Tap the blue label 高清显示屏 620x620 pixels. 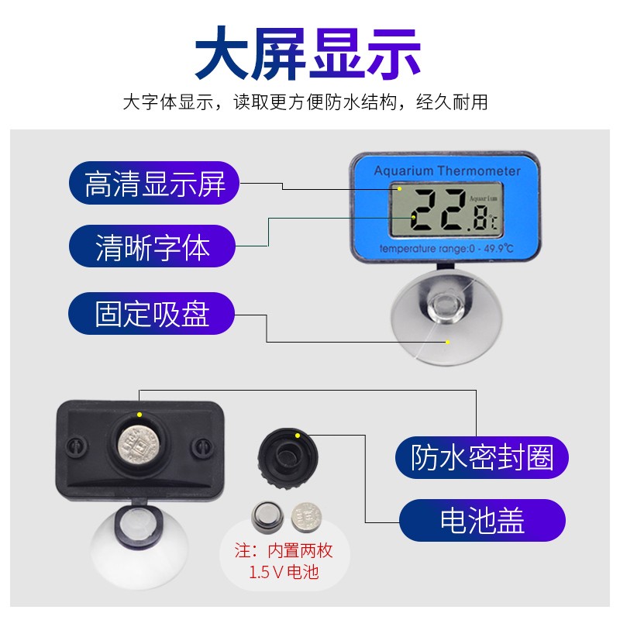tap(155, 184)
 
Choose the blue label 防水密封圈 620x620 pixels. tap(482, 456)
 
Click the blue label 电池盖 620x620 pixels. tap(482, 520)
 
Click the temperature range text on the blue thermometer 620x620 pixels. tap(446, 249)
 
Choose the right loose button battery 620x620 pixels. tap(305, 515)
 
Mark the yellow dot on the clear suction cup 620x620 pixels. tap(447, 342)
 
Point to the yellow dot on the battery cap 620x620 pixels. tap(298, 436)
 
